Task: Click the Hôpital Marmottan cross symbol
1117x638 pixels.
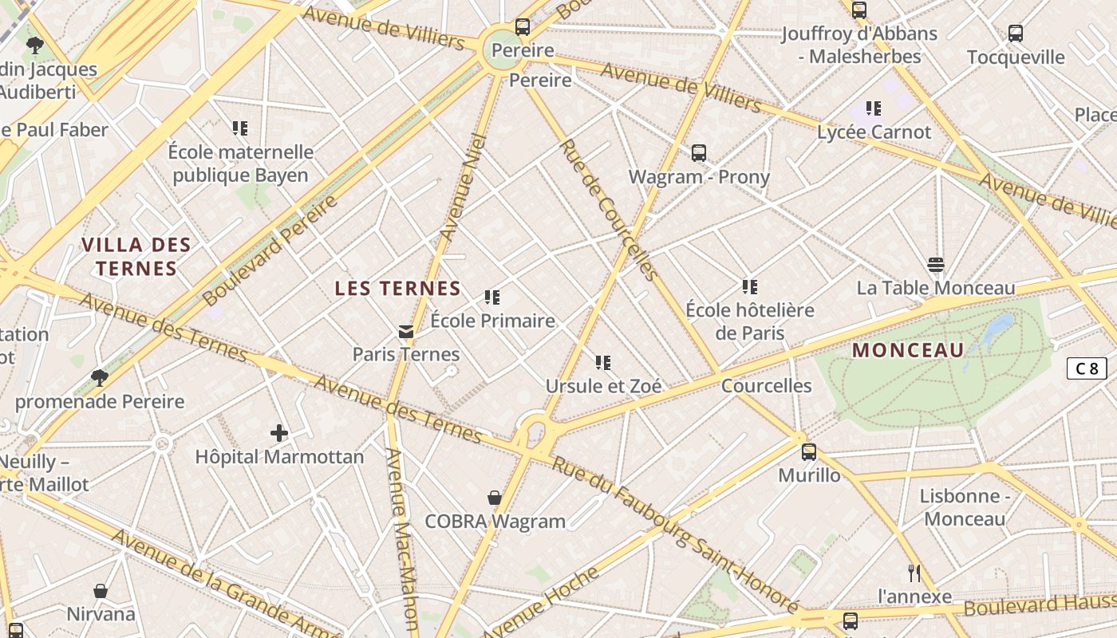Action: point(278,433)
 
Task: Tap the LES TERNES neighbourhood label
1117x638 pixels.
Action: point(397,289)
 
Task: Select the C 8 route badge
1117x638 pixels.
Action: point(1087,368)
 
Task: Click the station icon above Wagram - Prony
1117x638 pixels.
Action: point(699,152)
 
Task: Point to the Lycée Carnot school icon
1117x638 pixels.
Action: point(874,108)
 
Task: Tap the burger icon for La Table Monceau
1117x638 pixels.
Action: point(936,264)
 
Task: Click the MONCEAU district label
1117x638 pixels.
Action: point(908,350)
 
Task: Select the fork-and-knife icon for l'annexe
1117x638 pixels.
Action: point(914,573)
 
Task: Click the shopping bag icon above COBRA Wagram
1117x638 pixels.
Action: point(495,498)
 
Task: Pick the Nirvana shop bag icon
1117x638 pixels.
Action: point(101,591)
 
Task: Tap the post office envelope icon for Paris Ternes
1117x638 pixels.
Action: point(406,331)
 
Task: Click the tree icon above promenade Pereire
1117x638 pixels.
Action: point(100,377)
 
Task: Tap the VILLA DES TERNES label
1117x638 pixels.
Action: point(136,256)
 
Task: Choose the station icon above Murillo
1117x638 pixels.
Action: point(809,452)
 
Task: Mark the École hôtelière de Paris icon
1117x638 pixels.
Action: point(749,286)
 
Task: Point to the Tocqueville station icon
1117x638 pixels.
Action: point(1016,33)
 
